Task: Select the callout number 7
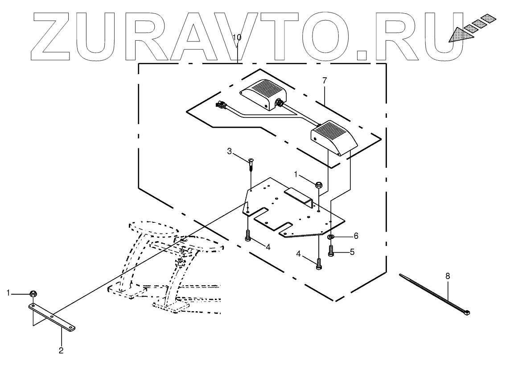click(325, 80)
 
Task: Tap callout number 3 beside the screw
click(230, 152)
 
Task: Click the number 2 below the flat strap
click(61, 350)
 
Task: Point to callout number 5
click(352, 252)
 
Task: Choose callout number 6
click(356, 235)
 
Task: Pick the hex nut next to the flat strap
click(33, 293)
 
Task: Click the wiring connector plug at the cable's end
click(220, 106)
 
